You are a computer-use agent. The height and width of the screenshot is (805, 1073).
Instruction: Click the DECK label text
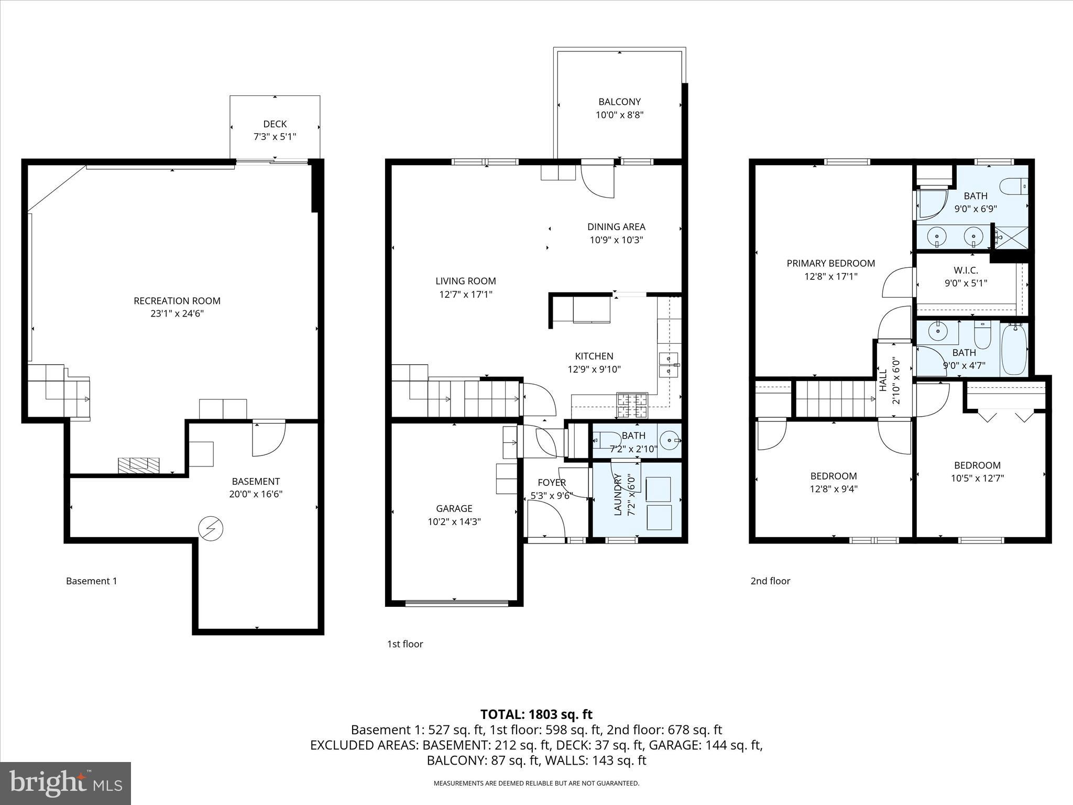[x=275, y=124]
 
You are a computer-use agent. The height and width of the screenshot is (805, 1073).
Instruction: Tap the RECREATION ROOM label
[x=177, y=301]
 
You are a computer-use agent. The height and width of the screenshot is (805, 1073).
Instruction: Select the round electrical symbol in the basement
[x=211, y=529]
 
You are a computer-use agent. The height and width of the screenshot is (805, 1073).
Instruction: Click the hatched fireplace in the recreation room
[x=138, y=465]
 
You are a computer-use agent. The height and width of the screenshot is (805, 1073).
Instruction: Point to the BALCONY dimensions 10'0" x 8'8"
[x=619, y=115]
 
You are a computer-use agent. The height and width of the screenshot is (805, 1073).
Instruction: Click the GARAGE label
[x=454, y=508]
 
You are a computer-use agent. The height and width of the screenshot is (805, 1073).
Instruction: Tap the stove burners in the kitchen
[x=632, y=405]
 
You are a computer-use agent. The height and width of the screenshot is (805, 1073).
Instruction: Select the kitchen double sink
[x=668, y=365]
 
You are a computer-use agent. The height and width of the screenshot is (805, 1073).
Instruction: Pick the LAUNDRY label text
[x=618, y=494]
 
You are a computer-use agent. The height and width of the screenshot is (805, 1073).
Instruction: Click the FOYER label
[x=551, y=483]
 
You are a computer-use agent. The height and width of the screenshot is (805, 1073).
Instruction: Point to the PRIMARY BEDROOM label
[x=830, y=264]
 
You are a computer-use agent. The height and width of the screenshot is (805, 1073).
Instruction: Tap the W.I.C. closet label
[x=965, y=270]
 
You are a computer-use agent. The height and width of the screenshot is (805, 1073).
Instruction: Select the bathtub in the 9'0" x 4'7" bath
[x=1014, y=350]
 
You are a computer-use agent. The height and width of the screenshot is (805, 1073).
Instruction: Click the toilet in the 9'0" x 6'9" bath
[x=1013, y=186]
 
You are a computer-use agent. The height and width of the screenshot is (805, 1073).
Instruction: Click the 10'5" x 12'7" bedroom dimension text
[x=977, y=478]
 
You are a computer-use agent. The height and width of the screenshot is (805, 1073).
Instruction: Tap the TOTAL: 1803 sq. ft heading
[x=536, y=714]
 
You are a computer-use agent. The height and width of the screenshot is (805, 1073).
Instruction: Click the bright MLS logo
[x=65, y=783]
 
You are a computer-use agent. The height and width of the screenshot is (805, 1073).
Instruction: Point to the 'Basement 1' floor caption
[x=92, y=581]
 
